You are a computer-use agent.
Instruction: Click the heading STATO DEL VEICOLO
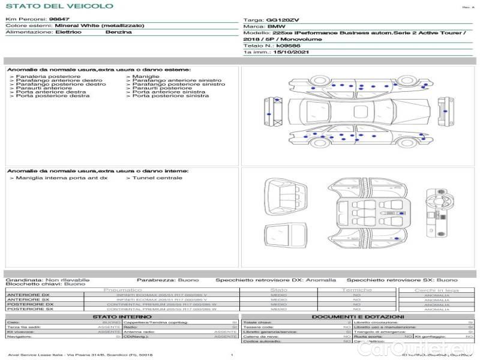(59, 6)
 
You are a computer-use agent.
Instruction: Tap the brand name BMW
(276, 27)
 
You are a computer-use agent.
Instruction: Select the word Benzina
(118, 32)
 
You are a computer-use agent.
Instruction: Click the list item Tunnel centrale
(157, 178)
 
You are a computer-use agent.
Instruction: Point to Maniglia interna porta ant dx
(62, 178)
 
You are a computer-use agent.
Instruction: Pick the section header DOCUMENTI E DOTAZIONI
(358, 316)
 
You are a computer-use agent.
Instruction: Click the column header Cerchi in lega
(436, 290)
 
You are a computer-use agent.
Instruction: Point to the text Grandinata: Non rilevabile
(47, 280)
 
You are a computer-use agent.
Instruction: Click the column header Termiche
(356, 290)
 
